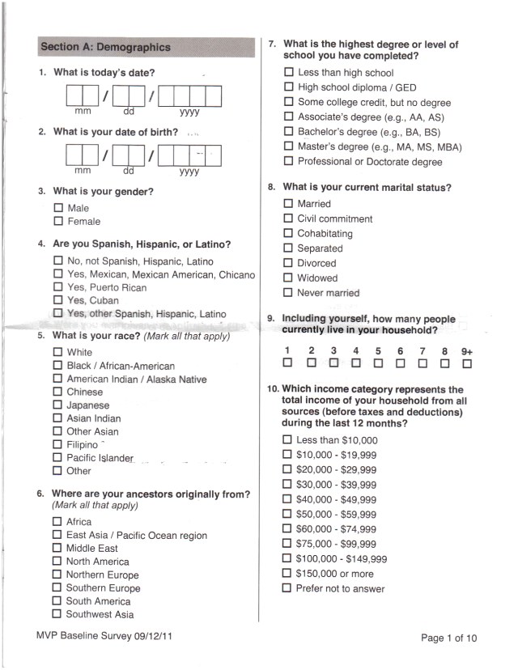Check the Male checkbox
pos(58,208)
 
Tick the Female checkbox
pos(58,221)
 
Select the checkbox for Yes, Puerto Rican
pos(57,287)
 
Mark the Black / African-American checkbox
pos(57,366)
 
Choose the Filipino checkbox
pos(57,444)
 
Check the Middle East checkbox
pos(57,549)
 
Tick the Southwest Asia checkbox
pos(57,614)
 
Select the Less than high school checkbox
pos(288,73)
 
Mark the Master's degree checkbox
pos(288,146)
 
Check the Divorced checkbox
pos(288,263)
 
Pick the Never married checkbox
pos(288,293)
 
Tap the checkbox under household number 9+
pos(467,363)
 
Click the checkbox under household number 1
pos(287,363)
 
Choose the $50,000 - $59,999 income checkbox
pos(287,514)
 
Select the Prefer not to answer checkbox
pos(287,588)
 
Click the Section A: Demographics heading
pos(105,47)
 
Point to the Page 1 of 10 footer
pos(449,638)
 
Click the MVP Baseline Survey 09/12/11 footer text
pos(104,636)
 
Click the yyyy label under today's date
pos(189,112)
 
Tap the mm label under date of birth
pos(83,171)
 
